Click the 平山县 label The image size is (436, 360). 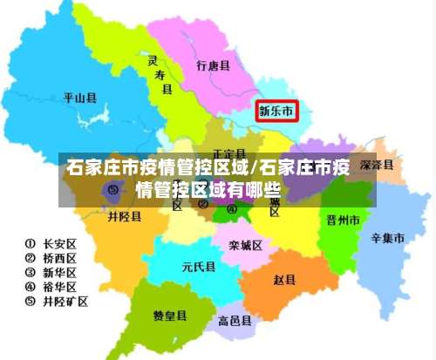pyautogui.click(x=79, y=98)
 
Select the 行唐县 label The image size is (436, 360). pyautogui.click(x=213, y=66)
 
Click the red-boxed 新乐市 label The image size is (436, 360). pyautogui.click(x=276, y=111)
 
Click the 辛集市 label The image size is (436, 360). pyautogui.click(x=387, y=237)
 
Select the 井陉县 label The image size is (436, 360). pyautogui.click(x=124, y=217)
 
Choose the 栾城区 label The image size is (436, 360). pyautogui.click(x=246, y=245)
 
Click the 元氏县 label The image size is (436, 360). pyautogui.click(x=198, y=267)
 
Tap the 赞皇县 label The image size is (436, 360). pyautogui.click(x=170, y=315)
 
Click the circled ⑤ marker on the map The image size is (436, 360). pyautogui.click(x=112, y=187)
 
